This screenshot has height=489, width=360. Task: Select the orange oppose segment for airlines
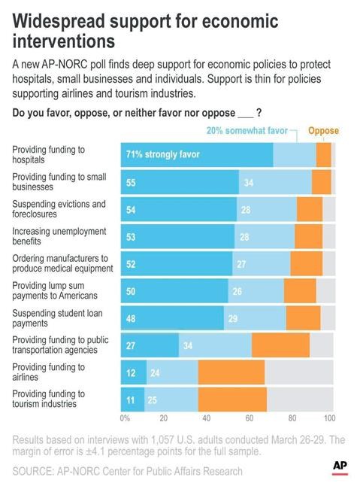[x=231, y=372]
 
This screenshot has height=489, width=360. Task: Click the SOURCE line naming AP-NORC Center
[x=127, y=471]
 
